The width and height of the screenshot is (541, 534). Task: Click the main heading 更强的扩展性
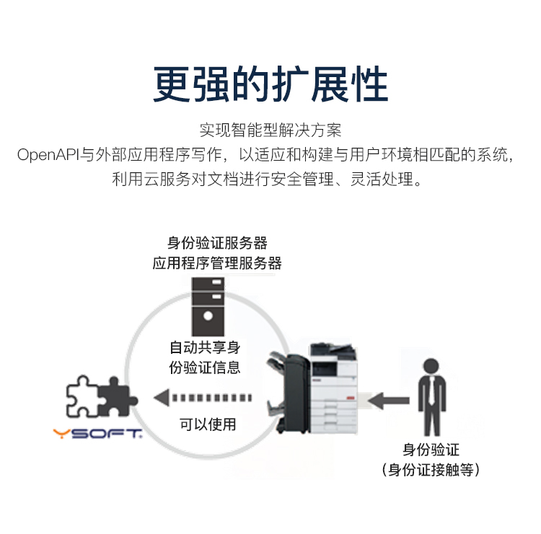point(270,84)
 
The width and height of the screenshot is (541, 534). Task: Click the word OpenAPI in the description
point(48,155)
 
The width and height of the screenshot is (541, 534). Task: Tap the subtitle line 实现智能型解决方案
point(270,130)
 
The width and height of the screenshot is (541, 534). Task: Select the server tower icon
point(208,306)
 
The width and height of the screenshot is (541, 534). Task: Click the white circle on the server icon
point(208,316)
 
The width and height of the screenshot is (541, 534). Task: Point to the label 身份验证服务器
point(217,243)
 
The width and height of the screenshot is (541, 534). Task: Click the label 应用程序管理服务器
point(217,263)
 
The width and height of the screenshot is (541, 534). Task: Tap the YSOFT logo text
point(97,433)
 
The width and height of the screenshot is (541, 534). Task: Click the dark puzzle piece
point(115,397)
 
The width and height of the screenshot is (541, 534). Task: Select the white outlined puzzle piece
point(83,396)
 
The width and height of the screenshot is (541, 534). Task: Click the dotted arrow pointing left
point(203,398)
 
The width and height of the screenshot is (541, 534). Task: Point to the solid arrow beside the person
point(389,400)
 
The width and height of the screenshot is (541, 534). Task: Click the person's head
point(431,366)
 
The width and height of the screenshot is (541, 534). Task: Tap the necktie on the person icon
point(431,391)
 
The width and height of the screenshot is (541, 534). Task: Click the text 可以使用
point(208,424)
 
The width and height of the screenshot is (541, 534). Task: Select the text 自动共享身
point(205,347)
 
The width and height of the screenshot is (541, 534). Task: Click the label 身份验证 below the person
point(431,450)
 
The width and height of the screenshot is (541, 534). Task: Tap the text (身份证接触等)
point(431,470)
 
